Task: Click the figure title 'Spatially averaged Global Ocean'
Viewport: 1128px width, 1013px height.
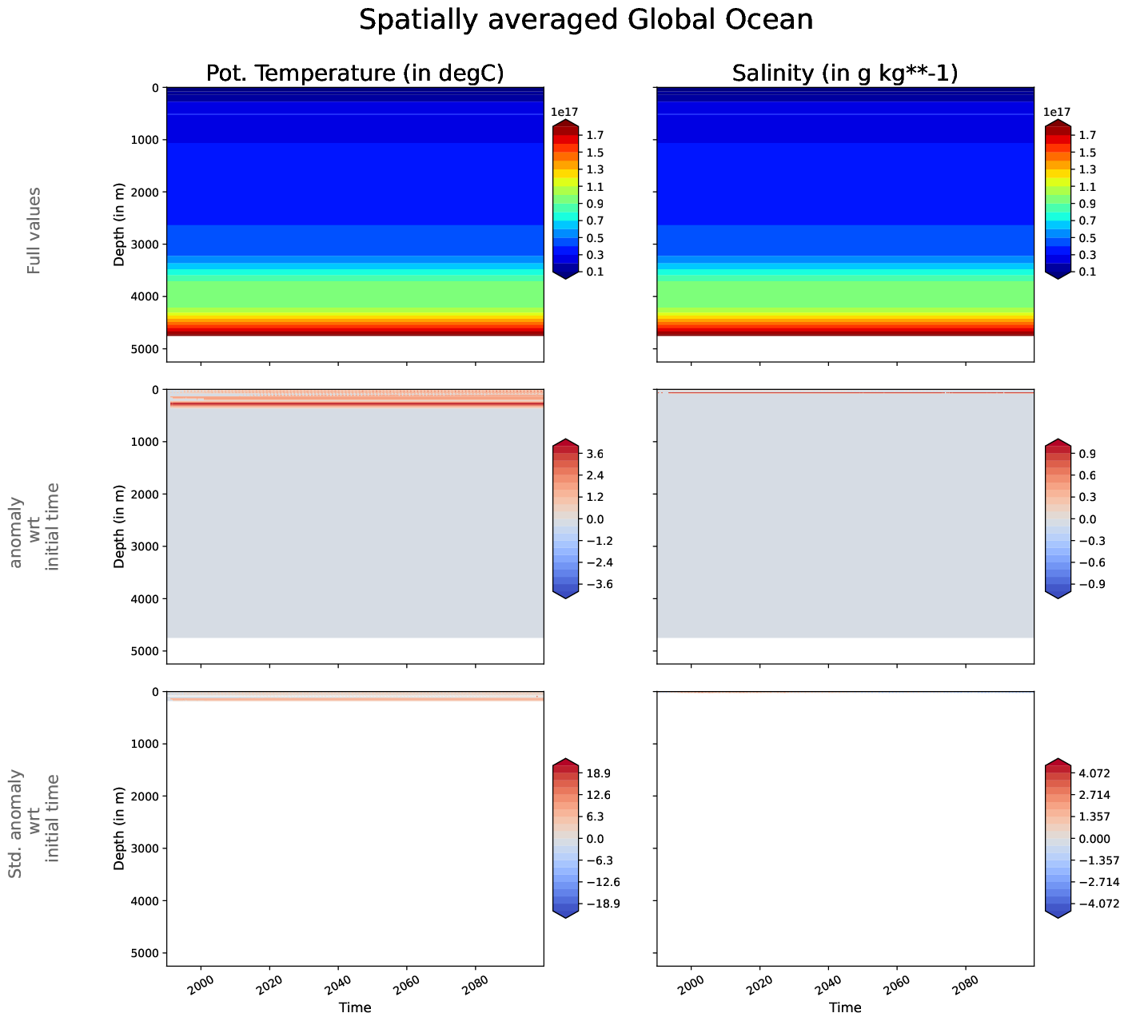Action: pos(585,20)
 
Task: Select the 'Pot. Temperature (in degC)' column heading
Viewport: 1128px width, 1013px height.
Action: pos(355,73)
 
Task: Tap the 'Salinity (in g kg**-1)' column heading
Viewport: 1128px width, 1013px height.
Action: pos(845,73)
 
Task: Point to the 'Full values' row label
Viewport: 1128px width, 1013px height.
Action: pos(34,231)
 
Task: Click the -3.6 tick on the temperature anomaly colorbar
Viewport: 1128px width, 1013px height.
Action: pos(599,584)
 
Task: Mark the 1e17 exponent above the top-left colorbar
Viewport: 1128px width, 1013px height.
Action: pos(564,113)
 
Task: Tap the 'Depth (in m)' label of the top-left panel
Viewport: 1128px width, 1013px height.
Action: pos(119,224)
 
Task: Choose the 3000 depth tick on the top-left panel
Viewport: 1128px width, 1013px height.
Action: pos(145,244)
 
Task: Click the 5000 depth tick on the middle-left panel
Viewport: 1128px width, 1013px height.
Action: pos(145,651)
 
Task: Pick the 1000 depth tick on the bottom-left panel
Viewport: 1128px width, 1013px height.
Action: pos(145,744)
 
